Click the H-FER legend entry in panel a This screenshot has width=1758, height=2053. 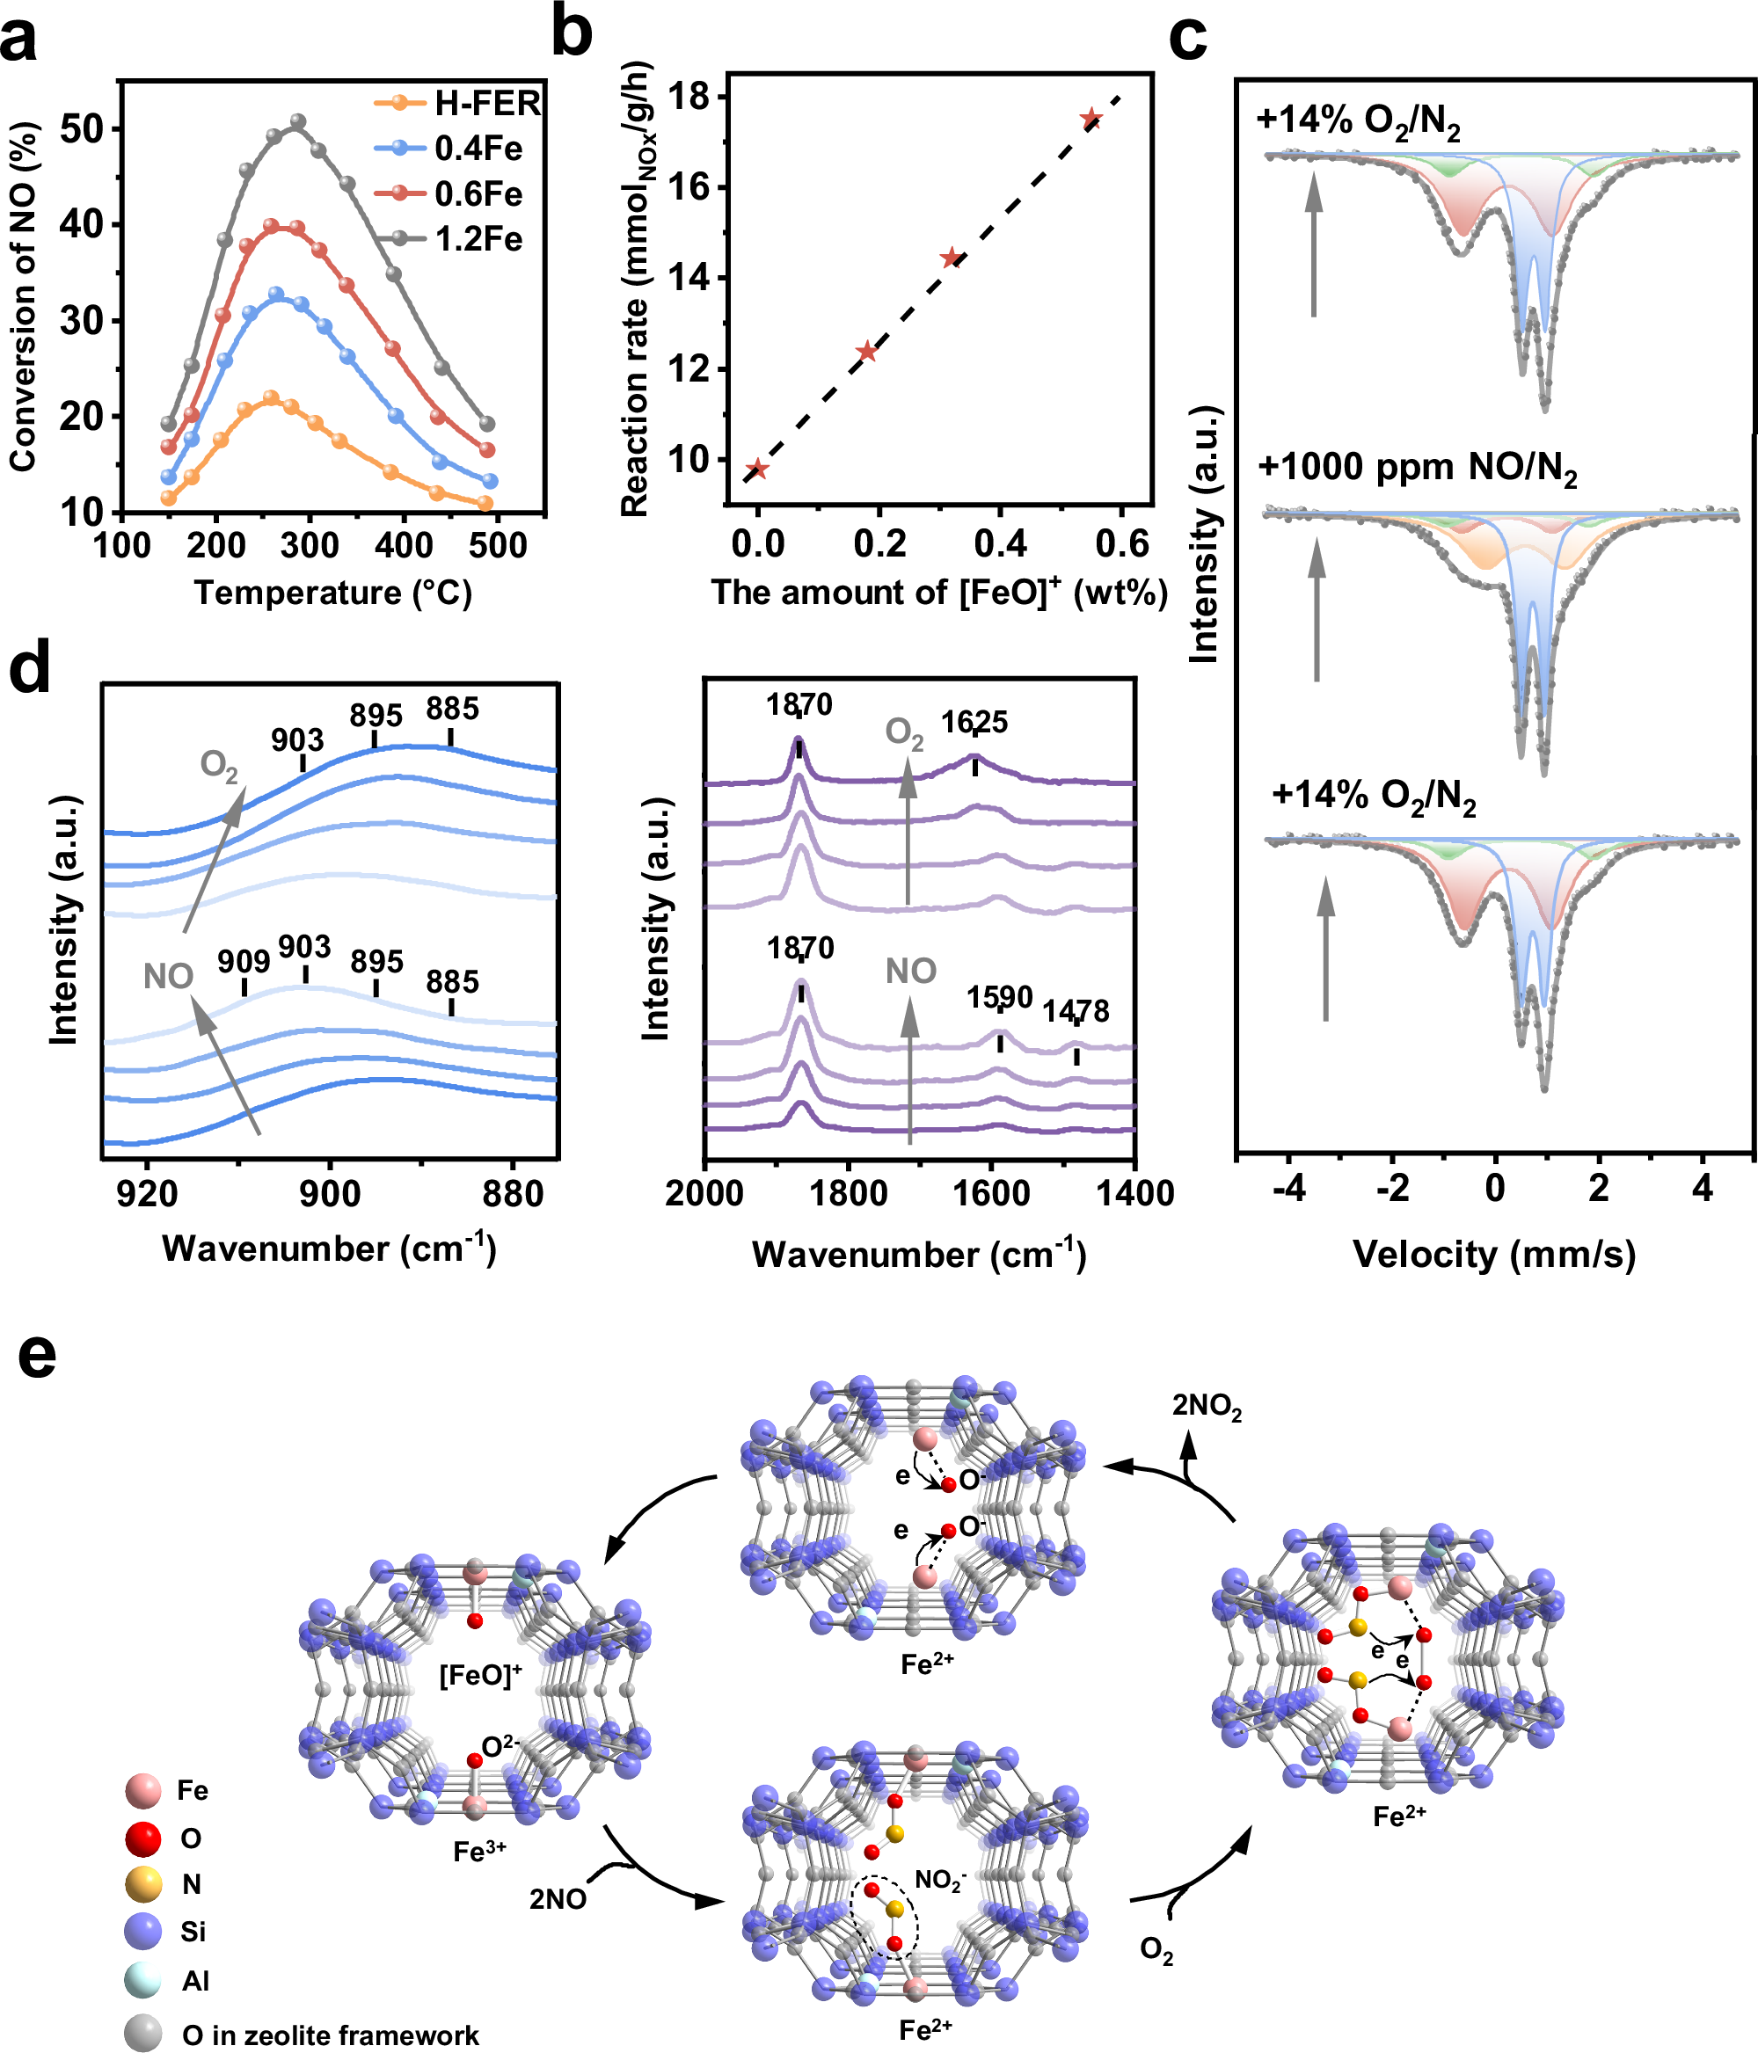(x=485, y=103)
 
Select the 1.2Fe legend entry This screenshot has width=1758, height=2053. (x=478, y=240)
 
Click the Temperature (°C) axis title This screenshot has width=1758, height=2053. (x=333, y=593)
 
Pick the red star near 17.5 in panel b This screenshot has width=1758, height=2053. (x=1091, y=119)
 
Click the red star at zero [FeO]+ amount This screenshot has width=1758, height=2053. (x=758, y=470)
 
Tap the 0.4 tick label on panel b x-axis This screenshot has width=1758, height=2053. (x=1000, y=544)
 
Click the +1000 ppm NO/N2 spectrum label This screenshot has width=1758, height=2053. (x=1417, y=467)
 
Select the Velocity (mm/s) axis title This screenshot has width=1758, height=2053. (x=1493, y=1255)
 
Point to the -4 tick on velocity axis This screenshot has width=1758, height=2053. (x=1288, y=1187)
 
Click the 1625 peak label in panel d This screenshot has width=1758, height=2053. (x=974, y=723)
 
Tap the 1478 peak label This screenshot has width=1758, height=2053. (x=1076, y=1012)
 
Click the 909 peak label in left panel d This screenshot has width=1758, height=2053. (x=244, y=961)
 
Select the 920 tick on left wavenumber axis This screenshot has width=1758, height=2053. (x=147, y=1194)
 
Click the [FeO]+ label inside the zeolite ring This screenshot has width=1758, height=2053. (x=479, y=1676)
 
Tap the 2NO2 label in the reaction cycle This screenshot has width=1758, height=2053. (x=1206, y=1406)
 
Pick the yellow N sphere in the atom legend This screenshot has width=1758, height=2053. (x=143, y=1883)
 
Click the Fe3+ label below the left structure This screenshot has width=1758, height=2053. (x=479, y=1851)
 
